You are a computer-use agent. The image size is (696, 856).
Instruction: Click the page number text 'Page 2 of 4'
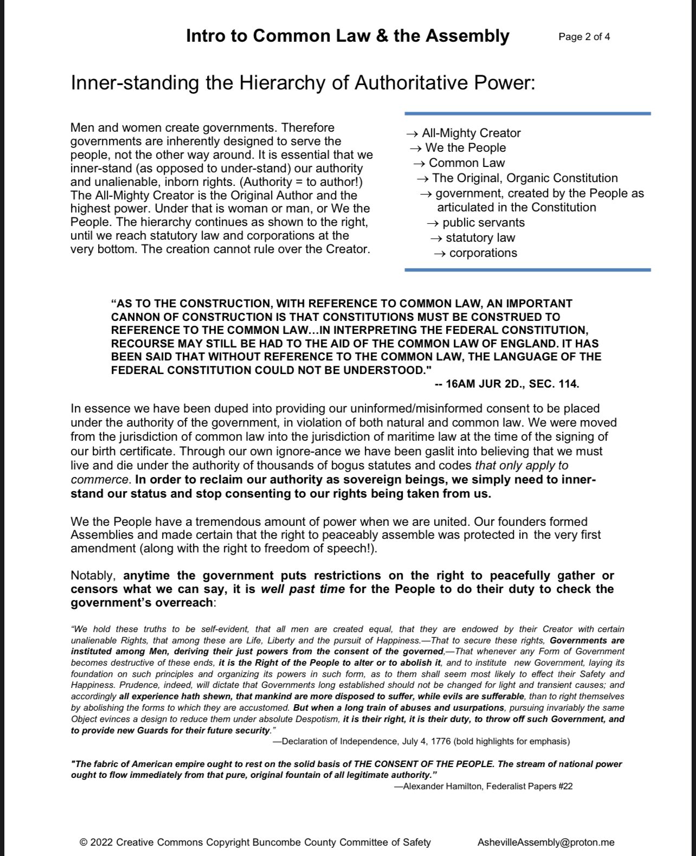[584, 37]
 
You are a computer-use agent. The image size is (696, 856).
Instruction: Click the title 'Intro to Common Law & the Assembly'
[347, 36]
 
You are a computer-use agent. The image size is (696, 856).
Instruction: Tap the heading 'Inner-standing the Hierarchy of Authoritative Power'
[302, 83]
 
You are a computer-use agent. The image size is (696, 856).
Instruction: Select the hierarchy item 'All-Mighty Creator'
[471, 133]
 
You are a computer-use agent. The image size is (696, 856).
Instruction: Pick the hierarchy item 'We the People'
[466, 147]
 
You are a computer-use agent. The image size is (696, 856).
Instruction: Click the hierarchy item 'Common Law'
[467, 163]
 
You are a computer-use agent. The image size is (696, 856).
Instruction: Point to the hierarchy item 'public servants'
[484, 222]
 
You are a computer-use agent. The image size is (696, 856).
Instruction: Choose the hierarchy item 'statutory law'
[480, 237]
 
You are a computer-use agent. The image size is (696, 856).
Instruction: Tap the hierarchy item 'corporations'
[483, 253]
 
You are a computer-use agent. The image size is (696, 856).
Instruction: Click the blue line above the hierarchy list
[527, 114]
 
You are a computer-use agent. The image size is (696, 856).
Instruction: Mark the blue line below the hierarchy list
[527, 269]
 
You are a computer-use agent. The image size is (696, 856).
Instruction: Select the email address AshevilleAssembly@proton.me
[546, 842]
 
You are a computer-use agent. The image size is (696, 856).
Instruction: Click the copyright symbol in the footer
[83, 842]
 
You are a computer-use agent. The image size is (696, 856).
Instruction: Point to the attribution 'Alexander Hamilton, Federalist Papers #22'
[487, 786]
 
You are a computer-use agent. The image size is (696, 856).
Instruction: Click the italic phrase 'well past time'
[302, 589]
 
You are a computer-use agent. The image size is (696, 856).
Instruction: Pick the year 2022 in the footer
[101, 842]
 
